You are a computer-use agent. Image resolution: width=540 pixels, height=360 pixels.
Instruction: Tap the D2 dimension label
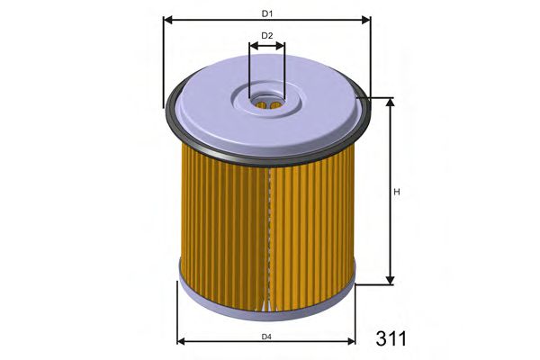(x=267, y=36)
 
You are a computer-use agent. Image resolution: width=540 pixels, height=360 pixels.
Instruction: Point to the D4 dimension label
(x=266, y=336)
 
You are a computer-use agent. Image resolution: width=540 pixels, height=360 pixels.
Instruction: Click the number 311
(x=391, y=338)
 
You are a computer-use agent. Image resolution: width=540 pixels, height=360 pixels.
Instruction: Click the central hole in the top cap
(x=266, y=103)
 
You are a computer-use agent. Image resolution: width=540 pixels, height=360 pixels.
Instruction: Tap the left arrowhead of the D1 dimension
(x=167, y=19)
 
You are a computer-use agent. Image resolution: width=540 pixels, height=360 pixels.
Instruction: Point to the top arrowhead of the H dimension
(x=391, y=103)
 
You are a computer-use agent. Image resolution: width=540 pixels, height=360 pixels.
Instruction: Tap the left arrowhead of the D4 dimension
(x=183, y=342)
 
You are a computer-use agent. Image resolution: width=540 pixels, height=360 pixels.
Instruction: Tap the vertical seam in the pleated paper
(x=268, y=234)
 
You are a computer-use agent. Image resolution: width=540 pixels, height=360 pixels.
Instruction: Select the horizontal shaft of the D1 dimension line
(x=216, y=19)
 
